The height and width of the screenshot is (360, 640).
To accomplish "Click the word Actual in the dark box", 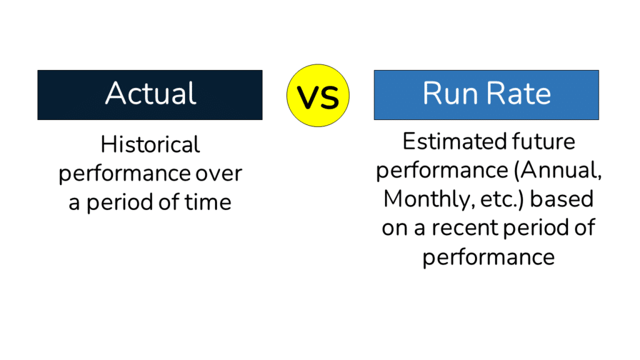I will (150, 94).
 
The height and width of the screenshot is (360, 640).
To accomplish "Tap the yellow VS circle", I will (317, 96).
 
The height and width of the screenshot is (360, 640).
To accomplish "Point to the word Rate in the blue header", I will (519, 94).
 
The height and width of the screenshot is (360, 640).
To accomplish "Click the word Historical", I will (150, 145).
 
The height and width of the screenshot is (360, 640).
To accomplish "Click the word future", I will (542, 142).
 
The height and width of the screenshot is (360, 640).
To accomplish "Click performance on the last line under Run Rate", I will (488, 257).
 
